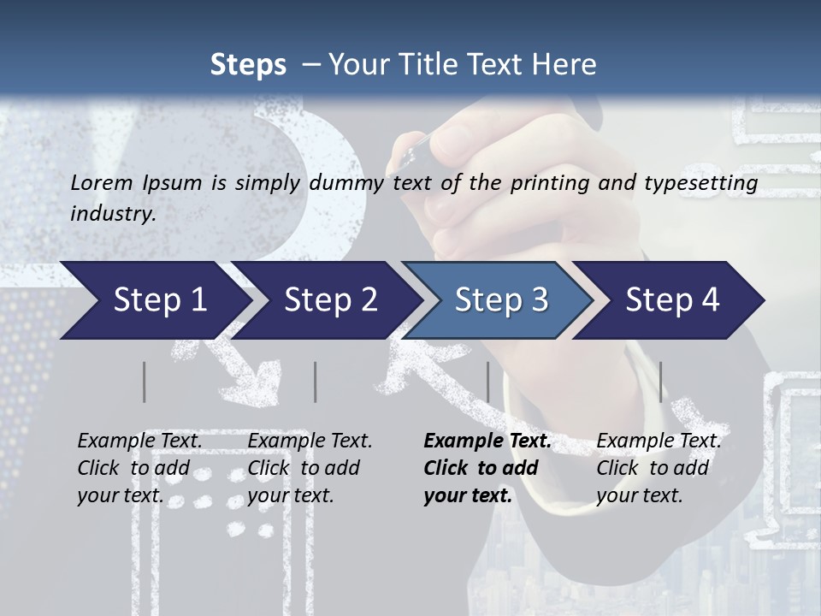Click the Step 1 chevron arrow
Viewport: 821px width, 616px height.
(x=159, y=300)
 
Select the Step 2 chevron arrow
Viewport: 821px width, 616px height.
(x=330, y=300)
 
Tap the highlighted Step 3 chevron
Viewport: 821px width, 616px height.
(x=501, y=300)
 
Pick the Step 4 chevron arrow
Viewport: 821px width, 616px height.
(x=672, y=300)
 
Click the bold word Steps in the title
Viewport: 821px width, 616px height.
(x=248, y=64)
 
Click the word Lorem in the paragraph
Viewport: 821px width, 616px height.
(x=102, y=182)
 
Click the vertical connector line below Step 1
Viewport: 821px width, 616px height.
(x=145, y=382)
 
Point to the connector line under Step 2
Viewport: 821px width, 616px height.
(x=316, y=382)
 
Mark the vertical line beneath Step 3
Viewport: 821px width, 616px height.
(x=488, y=382)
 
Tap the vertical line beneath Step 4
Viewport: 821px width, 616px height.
(x=660, y=382)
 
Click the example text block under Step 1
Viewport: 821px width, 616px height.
(x=139, y=468)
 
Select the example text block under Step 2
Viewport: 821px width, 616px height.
(x=310, y=468)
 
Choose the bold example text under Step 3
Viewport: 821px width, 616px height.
(x=487, y=468)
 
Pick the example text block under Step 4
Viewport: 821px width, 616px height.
(x=659, y=468)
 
